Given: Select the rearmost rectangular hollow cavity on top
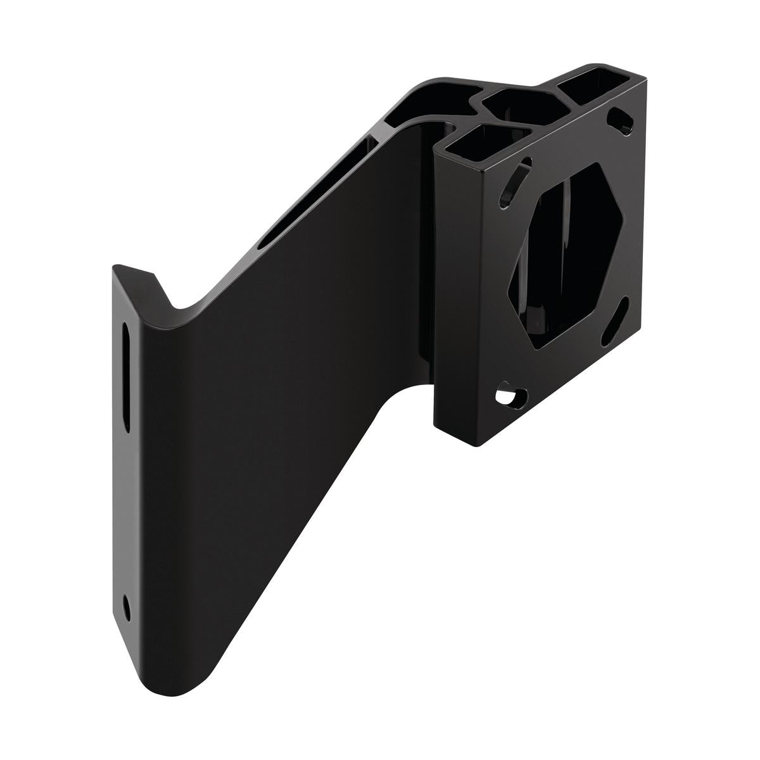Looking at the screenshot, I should tap(586, 87).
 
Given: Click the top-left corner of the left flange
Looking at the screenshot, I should tap(116, 269).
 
